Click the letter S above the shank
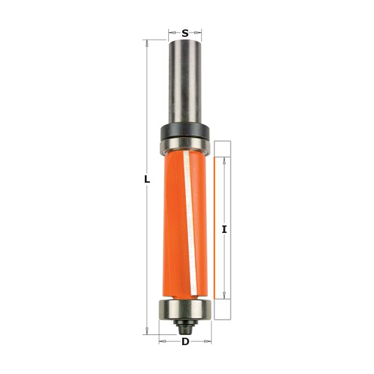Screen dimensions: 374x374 [x=185, y=33]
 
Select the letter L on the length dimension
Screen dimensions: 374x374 [x=147, y=180]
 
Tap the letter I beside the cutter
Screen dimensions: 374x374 [x=224, y=230]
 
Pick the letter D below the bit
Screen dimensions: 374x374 [x=185, y=342]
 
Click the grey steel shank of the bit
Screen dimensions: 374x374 [x=185, y=80]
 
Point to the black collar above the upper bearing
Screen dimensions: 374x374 [x=185, y=130]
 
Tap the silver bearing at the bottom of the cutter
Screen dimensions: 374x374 [x=185, y=309]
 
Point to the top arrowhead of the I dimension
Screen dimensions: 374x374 [x=224, y=160]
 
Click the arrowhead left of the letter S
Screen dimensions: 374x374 [x=172, y=33]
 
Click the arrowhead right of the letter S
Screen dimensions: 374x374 [x=199, y=33]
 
